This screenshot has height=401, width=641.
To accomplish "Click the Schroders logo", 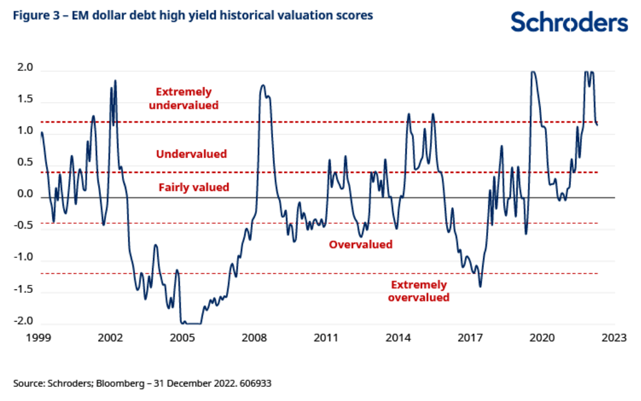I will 569,23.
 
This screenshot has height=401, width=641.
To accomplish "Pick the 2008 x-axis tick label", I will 255,338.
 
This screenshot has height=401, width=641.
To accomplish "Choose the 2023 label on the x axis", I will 614,338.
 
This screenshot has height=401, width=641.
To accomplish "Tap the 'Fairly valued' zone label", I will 194,188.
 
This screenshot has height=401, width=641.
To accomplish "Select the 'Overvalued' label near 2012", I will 360,244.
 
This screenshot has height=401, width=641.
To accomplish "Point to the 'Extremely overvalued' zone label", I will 419,291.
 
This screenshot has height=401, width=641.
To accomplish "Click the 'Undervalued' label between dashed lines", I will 192,154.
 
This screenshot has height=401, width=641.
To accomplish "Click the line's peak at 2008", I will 263,86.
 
